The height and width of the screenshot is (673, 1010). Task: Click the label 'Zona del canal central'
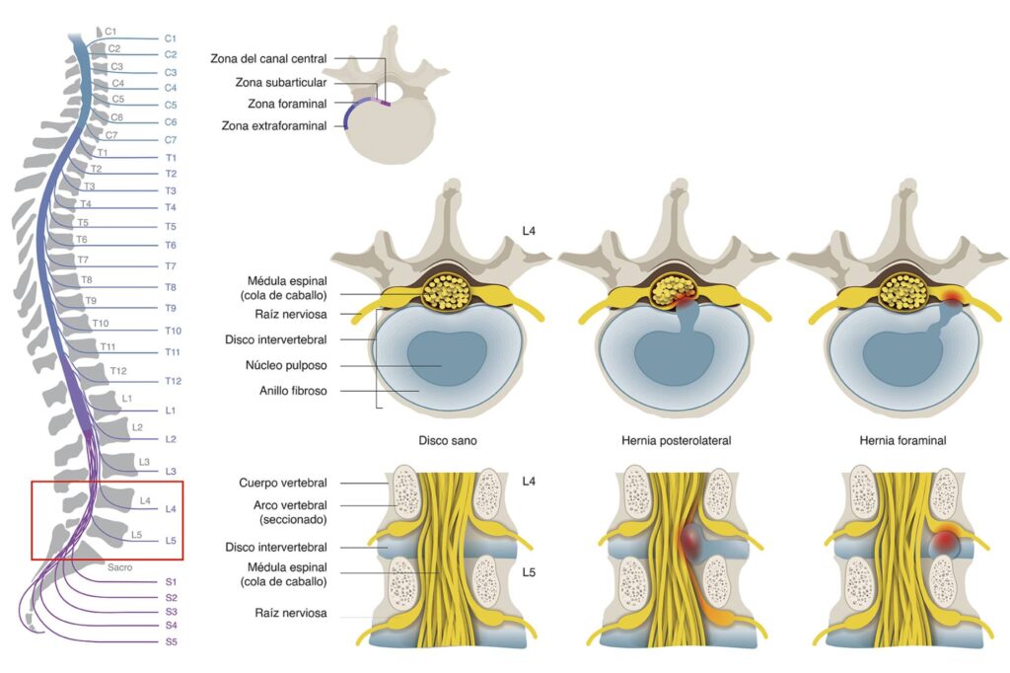coord(267,59)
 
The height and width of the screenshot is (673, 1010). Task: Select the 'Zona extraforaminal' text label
coord(273,125)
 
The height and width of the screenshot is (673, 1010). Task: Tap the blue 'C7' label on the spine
coord(171,140)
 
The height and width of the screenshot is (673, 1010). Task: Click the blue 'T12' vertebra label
coord(173,381)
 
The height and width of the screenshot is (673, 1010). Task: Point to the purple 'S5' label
coord(172,641)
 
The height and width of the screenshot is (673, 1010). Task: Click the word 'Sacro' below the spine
coord(120,567)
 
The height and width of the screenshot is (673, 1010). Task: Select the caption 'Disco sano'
coord(449,440)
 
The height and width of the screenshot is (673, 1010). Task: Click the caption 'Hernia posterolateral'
coord(677,440)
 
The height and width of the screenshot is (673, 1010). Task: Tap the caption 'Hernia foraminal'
coord(902,440)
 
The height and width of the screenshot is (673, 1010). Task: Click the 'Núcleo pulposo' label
coord(286,365)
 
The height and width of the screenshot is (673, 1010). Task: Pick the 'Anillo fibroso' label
coord(293,391)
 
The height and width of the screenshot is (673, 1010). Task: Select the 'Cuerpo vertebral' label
coord(283,483)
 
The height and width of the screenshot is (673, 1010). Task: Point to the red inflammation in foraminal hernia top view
coord(953,295)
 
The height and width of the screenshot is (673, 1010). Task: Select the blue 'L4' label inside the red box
coord(171,509)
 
